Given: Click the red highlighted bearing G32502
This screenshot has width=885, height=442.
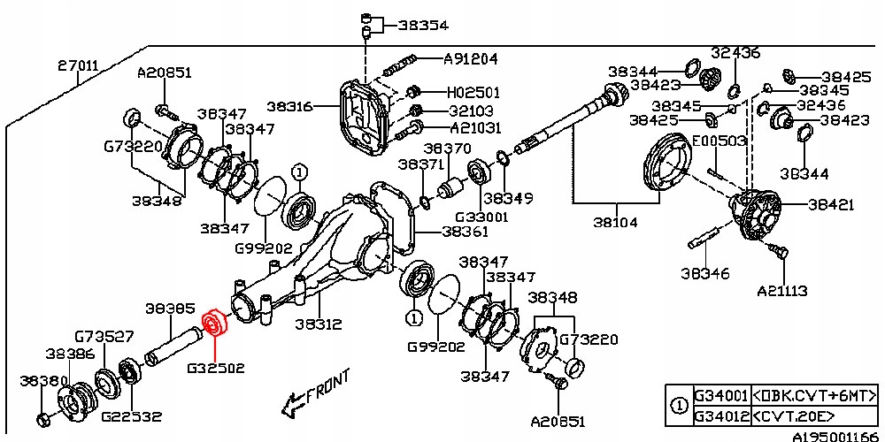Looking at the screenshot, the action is (214, 323).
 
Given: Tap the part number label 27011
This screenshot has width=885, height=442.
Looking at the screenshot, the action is (79, 66).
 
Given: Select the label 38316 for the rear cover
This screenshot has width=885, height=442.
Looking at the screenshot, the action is (289, 107).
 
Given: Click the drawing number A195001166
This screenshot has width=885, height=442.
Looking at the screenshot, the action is (838, 437).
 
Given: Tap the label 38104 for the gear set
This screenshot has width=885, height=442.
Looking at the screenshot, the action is (615, 223).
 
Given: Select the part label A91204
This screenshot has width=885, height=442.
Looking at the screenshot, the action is (471, 58).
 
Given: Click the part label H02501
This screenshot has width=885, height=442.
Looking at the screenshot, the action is (473, 92).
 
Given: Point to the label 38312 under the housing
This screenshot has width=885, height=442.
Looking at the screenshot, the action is (319, 324).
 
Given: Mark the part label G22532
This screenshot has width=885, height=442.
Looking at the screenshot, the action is (132, 417).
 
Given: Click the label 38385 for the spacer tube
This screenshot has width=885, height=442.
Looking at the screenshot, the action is (170, 309).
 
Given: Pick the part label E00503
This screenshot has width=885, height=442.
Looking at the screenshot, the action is (720, 141).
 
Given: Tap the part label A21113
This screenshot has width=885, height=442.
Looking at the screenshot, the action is (781, 291).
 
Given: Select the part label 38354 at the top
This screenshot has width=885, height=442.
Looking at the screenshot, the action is (423, 25).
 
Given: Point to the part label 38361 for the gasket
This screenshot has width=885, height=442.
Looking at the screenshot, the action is (465, 232).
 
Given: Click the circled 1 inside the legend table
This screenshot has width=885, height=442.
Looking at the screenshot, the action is (680, 406).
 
